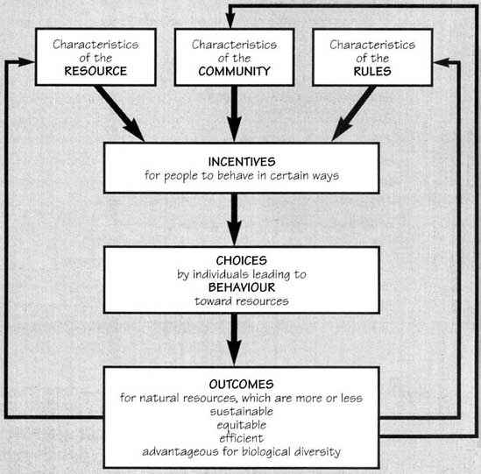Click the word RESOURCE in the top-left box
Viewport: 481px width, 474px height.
coord(95,71)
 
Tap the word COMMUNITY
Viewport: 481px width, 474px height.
coord(234,72)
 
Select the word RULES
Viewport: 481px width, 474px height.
coord(372,72)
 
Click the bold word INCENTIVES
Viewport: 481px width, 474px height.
coord(242,162)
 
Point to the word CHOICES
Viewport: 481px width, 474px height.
coord(242,260)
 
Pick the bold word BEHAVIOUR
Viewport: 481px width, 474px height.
coord(242,287)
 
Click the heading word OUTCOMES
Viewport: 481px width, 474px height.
coord(242,384)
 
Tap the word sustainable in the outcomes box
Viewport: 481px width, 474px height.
coord(242,412)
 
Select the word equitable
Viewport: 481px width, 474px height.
coord(242,425)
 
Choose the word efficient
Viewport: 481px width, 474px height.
coord(242,438)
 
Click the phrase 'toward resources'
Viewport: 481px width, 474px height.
coord(242,301)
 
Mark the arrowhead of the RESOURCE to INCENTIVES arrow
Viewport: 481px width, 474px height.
coord(134,131)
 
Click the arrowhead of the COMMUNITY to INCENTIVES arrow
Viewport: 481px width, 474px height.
coord(234,129)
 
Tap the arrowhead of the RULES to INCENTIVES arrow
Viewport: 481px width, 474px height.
coord(342,131)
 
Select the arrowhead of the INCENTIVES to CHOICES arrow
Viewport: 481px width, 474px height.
coord(234,232)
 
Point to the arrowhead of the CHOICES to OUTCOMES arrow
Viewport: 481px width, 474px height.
coord(234,353)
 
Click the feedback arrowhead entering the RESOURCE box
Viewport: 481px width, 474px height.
coord(27,62)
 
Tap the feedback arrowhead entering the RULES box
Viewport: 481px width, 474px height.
coord(441,62)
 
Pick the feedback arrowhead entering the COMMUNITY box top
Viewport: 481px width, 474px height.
coord(230,21)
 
